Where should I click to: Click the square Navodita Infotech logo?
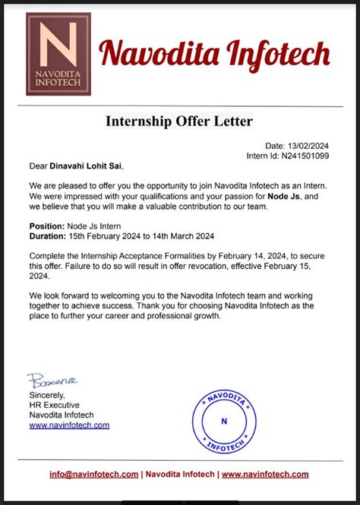58,54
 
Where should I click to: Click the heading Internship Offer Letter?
179,121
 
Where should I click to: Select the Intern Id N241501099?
302,156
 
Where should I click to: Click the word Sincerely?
48,395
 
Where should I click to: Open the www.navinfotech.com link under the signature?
69,425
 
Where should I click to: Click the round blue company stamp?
223,421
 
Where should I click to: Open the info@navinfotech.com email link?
94,475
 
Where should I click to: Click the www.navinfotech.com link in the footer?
267,475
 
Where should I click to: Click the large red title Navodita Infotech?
216,54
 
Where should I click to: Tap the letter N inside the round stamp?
223,421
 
